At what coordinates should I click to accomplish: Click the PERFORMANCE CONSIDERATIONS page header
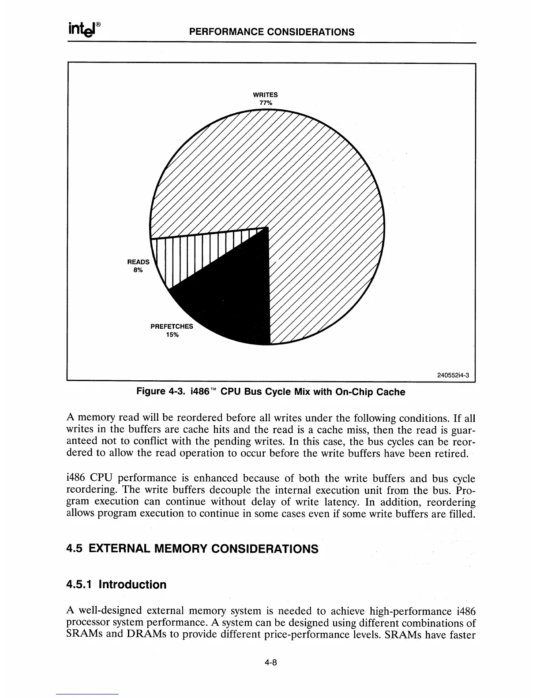[271, 32]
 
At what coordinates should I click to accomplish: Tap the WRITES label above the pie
[265, 95]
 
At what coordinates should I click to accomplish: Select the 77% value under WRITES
[266, 103]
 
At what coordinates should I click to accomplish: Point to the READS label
[139, 262]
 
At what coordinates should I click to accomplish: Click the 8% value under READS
[138, 270]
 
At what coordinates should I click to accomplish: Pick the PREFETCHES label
[172, 327]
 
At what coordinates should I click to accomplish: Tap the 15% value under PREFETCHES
[172, 335]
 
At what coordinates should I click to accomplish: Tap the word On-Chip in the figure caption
[353, 391]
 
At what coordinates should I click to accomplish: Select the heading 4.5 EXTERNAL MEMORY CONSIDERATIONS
[192, 549]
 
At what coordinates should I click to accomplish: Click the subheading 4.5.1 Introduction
[116, 585]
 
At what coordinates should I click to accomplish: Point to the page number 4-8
[270, 663]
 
